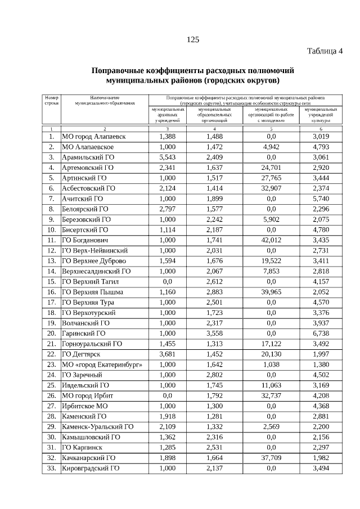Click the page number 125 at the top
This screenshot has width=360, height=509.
[193, 39]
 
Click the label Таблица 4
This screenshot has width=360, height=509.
[325, 52]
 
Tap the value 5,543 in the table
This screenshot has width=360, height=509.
[167, 157]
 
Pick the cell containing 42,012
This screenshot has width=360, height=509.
[271, 240]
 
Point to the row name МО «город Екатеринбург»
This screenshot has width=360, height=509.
[101, 364]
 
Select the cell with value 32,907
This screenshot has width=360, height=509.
[271, 188]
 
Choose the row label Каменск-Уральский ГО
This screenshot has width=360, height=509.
[97, 427]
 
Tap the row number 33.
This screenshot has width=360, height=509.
[51, 468]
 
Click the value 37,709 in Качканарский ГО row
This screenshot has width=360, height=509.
[271, 458]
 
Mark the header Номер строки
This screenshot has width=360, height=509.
[51, 101]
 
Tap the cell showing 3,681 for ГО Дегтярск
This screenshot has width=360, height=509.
[167, 354]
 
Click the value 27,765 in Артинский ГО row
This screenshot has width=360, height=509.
[271, 178]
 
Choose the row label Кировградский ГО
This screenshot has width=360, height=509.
[90, 468]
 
